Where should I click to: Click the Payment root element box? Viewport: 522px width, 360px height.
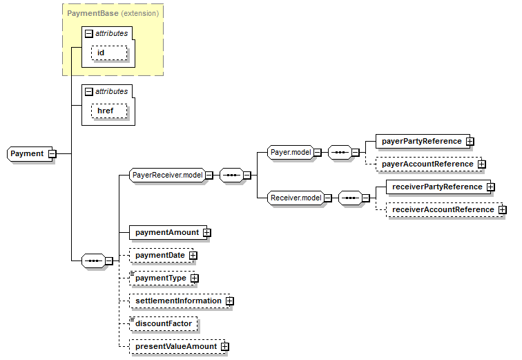click(x=27, y=153)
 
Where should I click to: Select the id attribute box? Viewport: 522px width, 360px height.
click(x=110, y=53)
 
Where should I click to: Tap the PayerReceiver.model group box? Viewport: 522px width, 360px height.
click(x=166, y=176)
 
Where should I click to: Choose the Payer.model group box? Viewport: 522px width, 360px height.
click(x=290, y=152)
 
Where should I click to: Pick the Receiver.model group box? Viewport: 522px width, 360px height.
click(x=296, y=198)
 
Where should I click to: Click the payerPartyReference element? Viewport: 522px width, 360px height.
click(x=421, y=141)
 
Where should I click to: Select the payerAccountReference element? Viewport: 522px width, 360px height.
click(x=427, y=164)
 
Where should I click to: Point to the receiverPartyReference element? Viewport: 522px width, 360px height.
click(x=436, y=187)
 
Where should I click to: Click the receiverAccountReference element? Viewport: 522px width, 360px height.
click(x=442, y=209)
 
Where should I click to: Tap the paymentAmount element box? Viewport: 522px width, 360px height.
click(x=166, y=232)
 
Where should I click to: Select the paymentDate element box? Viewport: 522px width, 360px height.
click(x=159, y=255)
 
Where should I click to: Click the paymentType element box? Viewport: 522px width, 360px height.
click(x=160, y=278)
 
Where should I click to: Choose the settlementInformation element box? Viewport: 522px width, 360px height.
click(x=178, y=301)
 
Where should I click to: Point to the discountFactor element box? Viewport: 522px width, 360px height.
click(x=163, y=323)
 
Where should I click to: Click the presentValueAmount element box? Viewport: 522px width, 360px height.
click(x=175, y=346)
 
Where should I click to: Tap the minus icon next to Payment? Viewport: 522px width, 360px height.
click(x=52, y=153)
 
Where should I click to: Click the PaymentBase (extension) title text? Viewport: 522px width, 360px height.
click(x=113, y=12)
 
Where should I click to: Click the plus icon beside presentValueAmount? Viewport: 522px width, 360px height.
click(x=224, y=347)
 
